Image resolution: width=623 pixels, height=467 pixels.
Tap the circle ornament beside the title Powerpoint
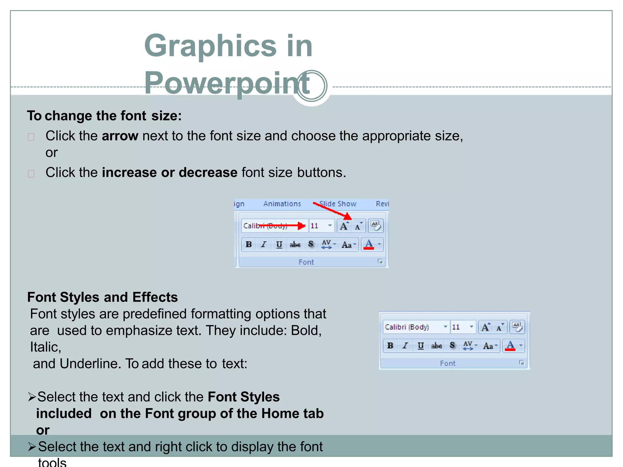click(312, 86)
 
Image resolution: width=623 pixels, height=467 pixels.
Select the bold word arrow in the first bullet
click(120, 136)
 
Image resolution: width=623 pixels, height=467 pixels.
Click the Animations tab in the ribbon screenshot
click(282, 204)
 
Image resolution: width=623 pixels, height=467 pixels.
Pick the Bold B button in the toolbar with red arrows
click(249, 244)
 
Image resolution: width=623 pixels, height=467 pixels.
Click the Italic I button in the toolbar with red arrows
click(264, 244)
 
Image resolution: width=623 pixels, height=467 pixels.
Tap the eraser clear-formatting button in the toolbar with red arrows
click(376, 226)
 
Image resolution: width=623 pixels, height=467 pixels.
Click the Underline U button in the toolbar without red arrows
click(421, 346)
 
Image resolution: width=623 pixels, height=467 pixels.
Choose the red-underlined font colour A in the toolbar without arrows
click(510, 346)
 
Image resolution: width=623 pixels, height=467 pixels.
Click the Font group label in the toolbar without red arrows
click(447, 363)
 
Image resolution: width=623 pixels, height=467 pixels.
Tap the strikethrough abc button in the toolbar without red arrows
click(437, 346)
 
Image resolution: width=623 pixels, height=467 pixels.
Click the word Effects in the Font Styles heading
click(155, 297)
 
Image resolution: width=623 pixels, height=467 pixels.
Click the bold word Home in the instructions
click(280, 414)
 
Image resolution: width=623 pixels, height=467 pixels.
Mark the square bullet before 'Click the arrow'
click(31, 137)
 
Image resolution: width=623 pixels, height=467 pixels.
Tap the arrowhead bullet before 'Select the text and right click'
click(32, 447)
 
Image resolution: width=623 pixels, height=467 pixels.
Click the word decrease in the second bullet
click(208, 173)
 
